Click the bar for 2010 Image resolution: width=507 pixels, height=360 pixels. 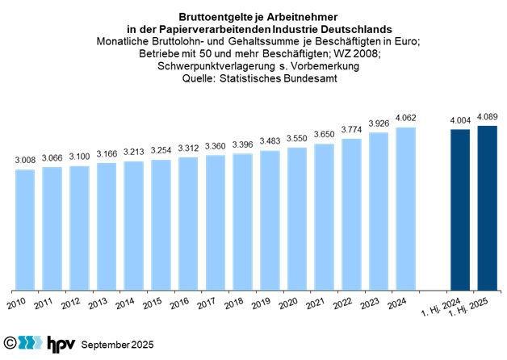click(25, 229)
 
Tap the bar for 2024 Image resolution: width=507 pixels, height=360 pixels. click(406, 208)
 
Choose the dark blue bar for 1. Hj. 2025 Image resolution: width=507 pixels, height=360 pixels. click(487, 207)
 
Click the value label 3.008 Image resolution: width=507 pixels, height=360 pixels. click(25, 160)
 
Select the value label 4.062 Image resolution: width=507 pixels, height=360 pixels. click(406, 117)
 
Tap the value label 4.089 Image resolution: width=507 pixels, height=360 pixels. click(487, 115)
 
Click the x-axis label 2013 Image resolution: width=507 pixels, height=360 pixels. click(97, 304)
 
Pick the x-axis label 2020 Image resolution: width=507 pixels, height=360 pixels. click(287, 304)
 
